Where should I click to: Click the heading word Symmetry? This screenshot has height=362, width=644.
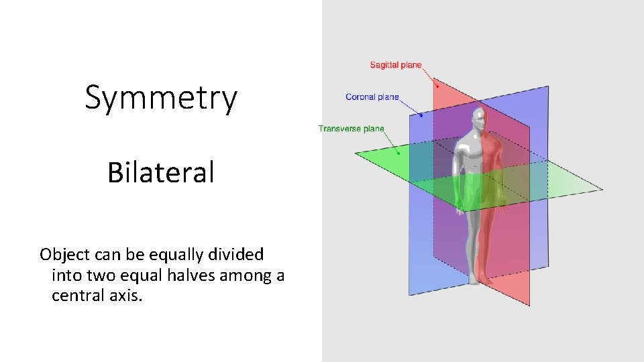coord(161,98)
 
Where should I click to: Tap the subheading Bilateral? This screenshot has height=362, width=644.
coord(161,172)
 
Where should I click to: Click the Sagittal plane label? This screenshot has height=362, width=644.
coord(396,65)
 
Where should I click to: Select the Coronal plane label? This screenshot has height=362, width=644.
coord(372,97)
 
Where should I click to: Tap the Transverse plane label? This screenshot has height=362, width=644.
coord(351,129)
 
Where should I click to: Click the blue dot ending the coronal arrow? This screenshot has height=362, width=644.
coord(421,115)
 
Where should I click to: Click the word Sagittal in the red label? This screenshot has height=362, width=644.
coord(383,65)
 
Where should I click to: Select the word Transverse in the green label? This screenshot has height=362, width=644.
coord(339,129)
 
